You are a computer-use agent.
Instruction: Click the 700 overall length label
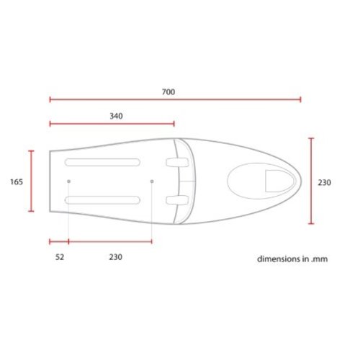click(x=169, y=92)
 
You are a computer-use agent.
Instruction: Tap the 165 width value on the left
click(x=17, y=182)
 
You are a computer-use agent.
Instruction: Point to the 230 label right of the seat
click(x=324, y=183)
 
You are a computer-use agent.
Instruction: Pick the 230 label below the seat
click(x=114, y=256)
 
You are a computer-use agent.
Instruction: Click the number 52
click(x=59, y=256)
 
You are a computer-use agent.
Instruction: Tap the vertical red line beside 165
click(x=31, y=181)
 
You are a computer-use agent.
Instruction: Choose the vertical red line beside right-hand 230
click(x=310, y=181)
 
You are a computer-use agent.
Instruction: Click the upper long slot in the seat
click(x=102, y=161)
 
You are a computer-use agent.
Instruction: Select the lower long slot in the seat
click(x=102, y=199)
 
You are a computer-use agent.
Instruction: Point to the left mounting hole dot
click(x=68, y=181)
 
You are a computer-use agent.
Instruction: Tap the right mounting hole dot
click(x=152, y=181)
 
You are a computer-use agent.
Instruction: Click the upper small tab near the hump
click(x=174, y=163)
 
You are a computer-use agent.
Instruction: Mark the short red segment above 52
click(x=58, y=241)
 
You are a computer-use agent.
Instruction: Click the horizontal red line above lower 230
click(x=110, y=241)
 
